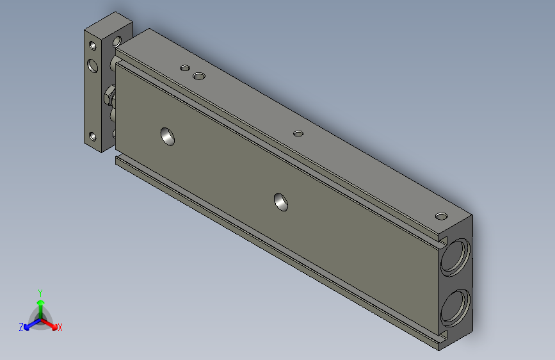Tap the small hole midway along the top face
(298, 133)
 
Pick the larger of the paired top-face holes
(200, 77)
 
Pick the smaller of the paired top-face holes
(185, 67)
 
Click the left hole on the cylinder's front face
(168, 135)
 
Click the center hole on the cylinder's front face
(280, 201)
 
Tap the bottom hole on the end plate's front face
(93, 136)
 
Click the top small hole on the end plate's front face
(93, 46)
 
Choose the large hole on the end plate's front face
(93, 65)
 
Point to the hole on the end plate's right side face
(117, 42)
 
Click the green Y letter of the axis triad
(40, 291)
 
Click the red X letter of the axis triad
(60, 328)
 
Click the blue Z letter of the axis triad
(21, 327)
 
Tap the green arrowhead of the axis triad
(40, 302)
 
